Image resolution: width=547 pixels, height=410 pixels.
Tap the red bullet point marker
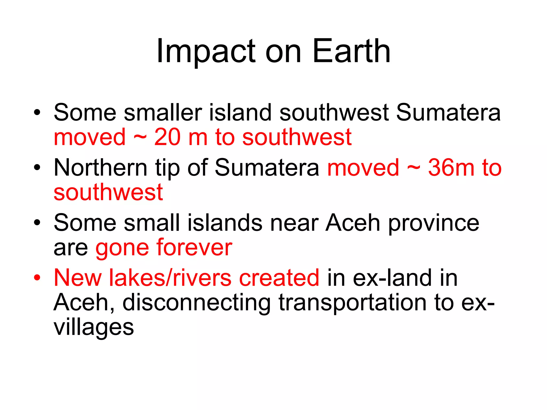tap(37, 278)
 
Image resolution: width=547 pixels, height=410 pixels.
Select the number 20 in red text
tap(167, 137)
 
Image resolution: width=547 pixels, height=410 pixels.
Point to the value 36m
tap(451, 168)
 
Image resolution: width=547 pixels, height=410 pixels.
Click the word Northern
tap(100, 168)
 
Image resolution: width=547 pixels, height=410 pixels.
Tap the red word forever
tap(194, 248)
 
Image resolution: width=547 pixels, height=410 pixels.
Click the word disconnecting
tap(197, 303)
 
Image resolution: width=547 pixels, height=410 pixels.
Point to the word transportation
tap(352, 303)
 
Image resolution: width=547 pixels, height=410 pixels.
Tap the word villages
tap(94, 328)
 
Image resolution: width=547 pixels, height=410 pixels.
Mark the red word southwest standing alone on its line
tap(108, 192)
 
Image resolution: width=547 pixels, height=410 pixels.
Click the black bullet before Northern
tap(37, 168)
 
